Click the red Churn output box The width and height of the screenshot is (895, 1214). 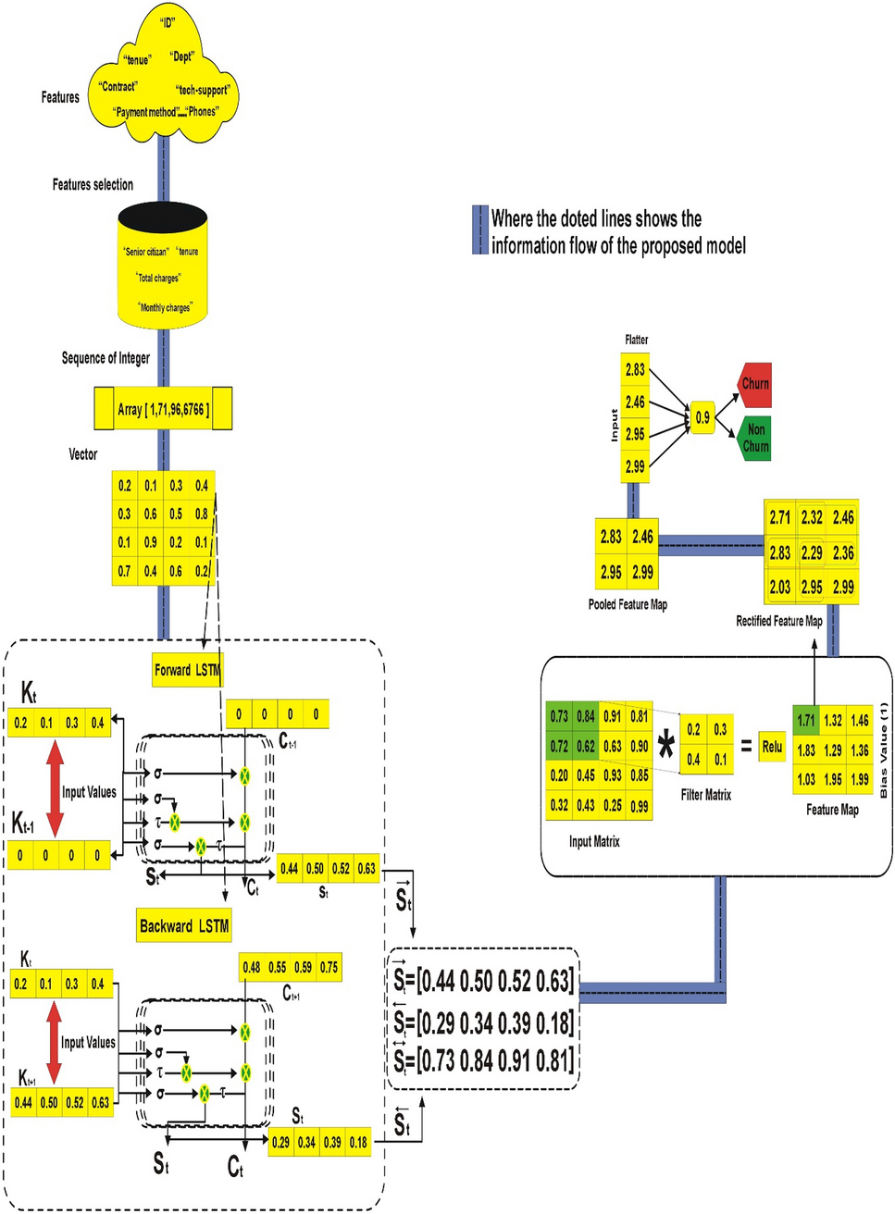click(755, 384)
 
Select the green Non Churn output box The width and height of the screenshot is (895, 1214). click(755, 438)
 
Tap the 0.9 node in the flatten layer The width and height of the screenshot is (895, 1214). click(702, 418)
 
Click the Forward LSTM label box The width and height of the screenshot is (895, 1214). click(188, 670)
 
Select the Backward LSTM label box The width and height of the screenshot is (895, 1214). click(184, 926)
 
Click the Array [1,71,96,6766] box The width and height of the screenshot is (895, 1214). click(164, 409)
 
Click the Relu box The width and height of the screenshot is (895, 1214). click(772, 747)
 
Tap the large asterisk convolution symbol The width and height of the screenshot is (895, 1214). click(665, 746)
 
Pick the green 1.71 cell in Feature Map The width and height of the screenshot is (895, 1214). click(806, 720)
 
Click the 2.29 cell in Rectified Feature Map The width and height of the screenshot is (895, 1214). click(812, 552)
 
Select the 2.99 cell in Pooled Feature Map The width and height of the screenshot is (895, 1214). click(642, 573)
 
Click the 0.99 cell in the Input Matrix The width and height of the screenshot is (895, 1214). click(639, 806)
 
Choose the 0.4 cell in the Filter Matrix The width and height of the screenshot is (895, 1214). click(693, 760)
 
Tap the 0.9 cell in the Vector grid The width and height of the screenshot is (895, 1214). click(150, 542)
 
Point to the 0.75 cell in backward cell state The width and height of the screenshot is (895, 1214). click(329, 967)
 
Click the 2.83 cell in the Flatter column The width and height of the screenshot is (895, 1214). click(635, 370)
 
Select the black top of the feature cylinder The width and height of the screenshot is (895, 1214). click(163, 216)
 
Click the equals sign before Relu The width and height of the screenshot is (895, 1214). click(746, 747)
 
